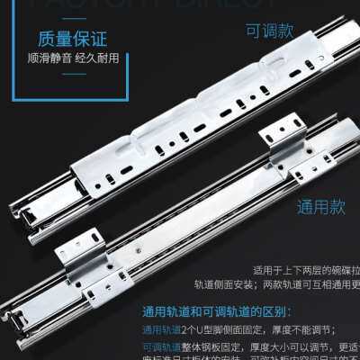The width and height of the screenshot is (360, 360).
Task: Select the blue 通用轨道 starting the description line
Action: pos(164,329)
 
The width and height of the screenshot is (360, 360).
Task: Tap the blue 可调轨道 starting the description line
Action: pos(164,346)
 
